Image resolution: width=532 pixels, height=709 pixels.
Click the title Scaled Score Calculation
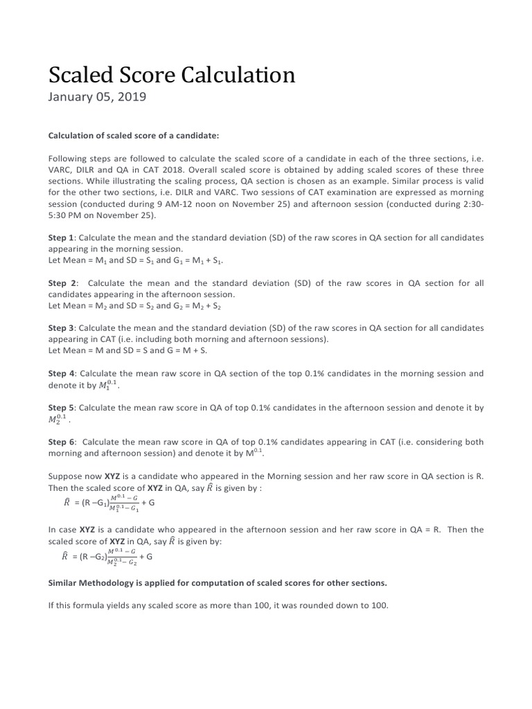pos(171,75)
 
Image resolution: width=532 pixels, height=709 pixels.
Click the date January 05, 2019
pos(97,98)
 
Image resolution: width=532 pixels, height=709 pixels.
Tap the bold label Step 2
pos(62,282)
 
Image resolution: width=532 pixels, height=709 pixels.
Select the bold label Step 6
pos(61,442)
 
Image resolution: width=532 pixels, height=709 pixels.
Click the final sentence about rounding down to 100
pos(218,604)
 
